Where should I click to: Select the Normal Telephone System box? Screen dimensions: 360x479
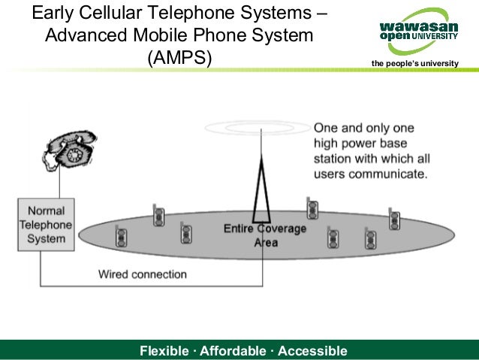tap(46, 224)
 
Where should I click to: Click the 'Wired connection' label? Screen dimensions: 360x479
tap(143, 274)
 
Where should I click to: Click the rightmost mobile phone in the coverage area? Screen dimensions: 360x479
tap(394, 219)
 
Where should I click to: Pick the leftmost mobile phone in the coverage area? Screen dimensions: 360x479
tap(121, 237)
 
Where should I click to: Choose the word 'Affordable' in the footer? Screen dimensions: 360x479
tap(230, 351)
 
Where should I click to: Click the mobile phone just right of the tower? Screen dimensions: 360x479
tap(312, 207)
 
